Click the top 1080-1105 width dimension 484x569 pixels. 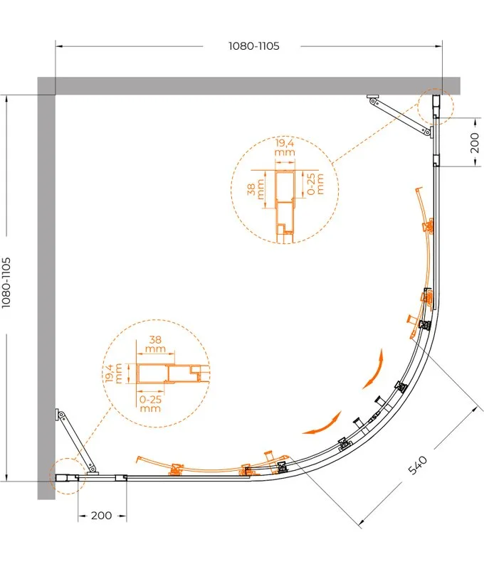(x=254, y=46)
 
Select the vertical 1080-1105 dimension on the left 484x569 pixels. (x=6, y=282)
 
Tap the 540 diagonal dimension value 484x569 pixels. (x=418, y=466)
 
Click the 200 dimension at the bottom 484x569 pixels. (x=101, y=515)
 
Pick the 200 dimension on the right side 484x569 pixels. (x=474, y=143)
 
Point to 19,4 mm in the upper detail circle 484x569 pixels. (x=285, y=147)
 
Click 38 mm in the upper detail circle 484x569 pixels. (x=256, y=189)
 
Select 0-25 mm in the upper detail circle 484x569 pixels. (x=315, y=184)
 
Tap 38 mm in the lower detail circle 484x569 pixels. (x=155, y=344)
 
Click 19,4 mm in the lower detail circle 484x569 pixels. (x=113, y=373)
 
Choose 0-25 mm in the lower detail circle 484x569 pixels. (x=150, y=403)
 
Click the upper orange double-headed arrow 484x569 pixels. (x=374, y=368)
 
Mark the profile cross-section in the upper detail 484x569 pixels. (x=284, y=206)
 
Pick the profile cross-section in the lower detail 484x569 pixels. (x=173, y=374)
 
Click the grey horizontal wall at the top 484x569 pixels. (x=248, y=85)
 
